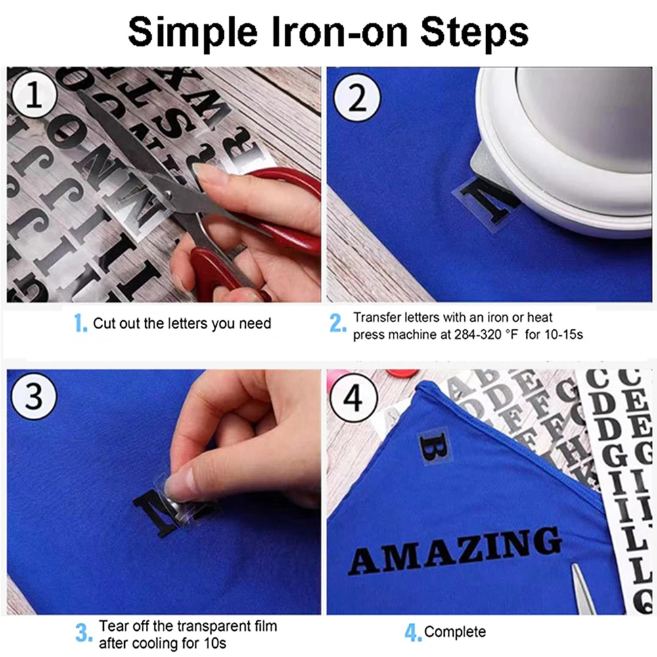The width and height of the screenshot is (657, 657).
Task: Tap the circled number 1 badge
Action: [34, 98]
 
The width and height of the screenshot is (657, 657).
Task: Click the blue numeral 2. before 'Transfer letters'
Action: [338, 323]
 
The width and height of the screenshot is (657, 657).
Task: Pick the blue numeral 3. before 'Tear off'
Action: [83, 633]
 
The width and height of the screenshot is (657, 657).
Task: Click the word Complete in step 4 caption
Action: [455, 632]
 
